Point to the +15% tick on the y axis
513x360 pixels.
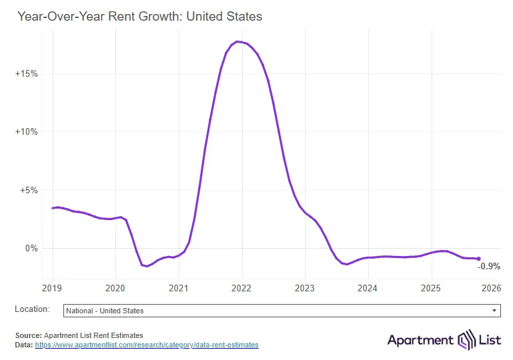(27, 73)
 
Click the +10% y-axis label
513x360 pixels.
(27, 132)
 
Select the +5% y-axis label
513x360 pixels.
(29, 190)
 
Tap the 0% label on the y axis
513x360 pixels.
(31, 249)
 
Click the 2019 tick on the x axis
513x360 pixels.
(52, 289)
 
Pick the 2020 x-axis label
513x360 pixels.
(115, 289)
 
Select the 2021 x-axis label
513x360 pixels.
(179, 289)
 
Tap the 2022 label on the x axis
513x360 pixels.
(241, 289)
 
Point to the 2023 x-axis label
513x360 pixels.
(305, 289)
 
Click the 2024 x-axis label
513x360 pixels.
(368, 289)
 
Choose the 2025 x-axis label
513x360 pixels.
(431, 289)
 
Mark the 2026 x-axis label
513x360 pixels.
(492, 289)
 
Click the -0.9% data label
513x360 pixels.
(489, 267)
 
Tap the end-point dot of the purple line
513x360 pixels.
(478, 259)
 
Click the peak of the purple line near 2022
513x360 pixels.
(238, 42)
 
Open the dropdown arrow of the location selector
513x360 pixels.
(494, 311)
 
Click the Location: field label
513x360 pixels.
(32, 309)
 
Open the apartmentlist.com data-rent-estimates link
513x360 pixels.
(146, 345)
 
